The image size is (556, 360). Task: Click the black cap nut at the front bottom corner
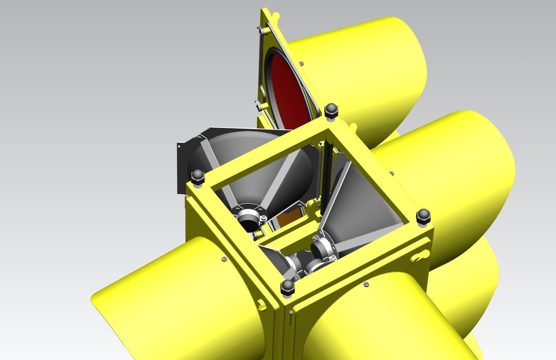pos(287,287)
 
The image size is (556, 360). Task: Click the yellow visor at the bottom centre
pos(376,324)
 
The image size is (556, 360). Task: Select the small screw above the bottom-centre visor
pos(366,284)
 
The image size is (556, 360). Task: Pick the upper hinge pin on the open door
pos(275,14)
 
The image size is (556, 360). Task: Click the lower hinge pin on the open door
pos(257,106)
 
